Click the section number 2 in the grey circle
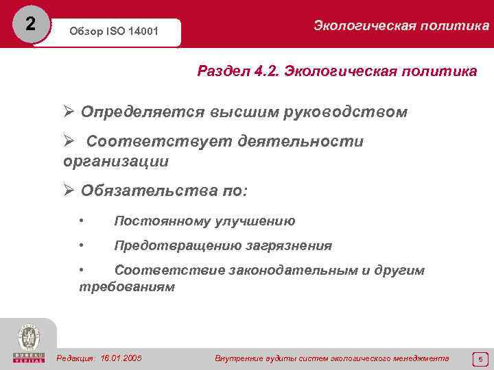28,24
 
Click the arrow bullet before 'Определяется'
69,112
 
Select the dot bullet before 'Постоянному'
82,221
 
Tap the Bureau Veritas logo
27,343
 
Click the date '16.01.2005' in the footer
121,358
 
